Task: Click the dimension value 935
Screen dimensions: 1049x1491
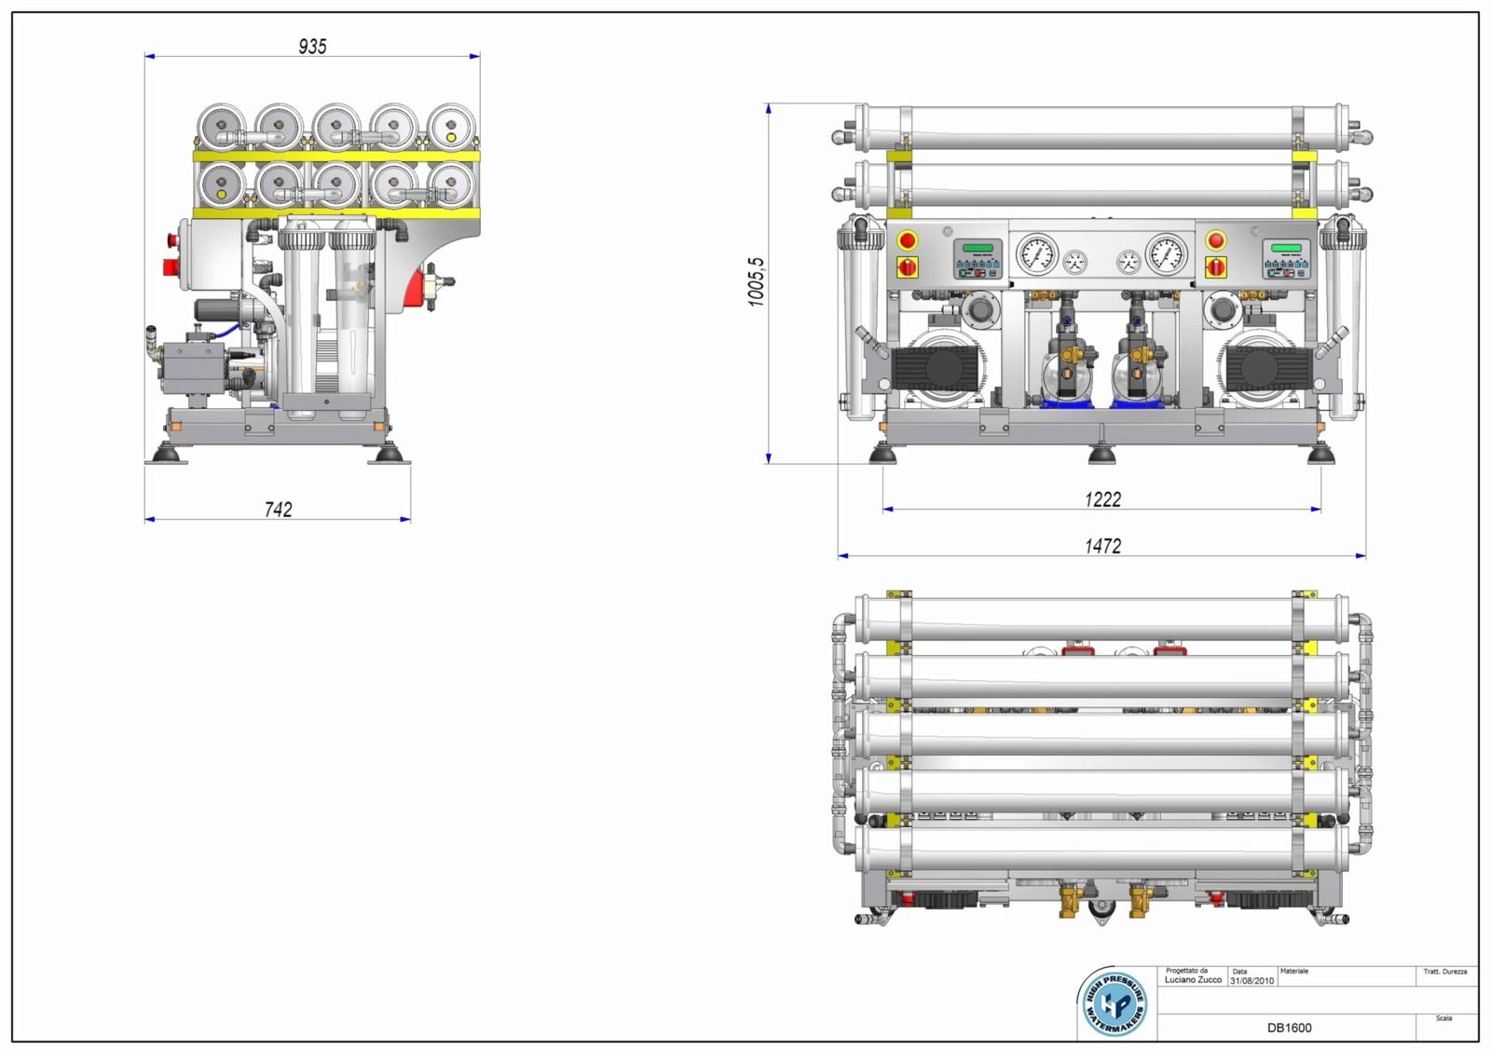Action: coord(312,46)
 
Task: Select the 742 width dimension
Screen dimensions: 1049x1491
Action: coord(278,509)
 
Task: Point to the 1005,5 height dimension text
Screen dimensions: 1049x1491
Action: coord(756,281)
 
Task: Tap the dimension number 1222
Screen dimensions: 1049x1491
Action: coord(1102,499)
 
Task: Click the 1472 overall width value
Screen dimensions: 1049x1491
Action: coord(1102,546)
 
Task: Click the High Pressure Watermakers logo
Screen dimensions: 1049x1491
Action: coord(1115,1003)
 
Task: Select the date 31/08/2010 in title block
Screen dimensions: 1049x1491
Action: coord(1252,981)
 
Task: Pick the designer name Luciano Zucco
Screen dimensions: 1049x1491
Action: coord(1193,980)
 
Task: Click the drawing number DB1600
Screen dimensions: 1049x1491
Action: coord(1289,1028)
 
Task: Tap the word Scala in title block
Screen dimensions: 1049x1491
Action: coord(1443,1018)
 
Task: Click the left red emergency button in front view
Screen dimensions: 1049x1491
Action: coord(908,241)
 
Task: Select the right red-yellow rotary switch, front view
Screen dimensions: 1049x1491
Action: coord(1215,267)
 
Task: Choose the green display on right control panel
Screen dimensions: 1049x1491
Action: coord(1286,248)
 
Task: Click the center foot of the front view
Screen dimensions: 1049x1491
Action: coord(1101,454)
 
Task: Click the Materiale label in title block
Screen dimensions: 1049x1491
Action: coord(1294,971)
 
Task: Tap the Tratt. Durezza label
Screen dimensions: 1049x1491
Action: coord(1444,972)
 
